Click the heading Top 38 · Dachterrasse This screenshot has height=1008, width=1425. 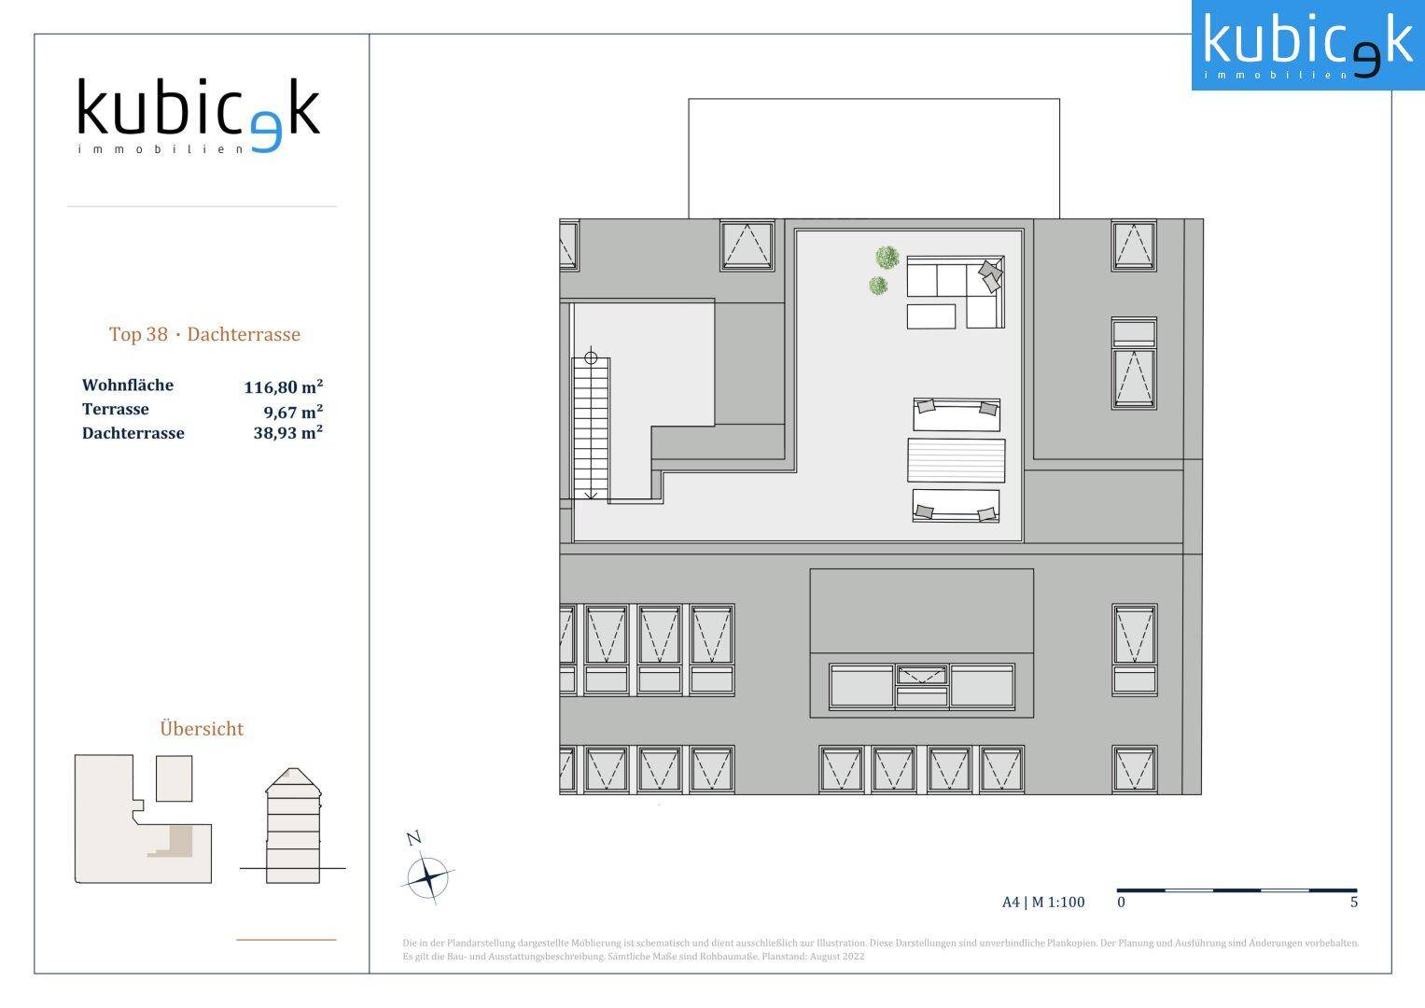coord(204,334)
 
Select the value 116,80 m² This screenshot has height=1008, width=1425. coord(283,386)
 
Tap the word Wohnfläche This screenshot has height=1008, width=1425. coord(128,385)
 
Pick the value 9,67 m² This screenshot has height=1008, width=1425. coord(293,411)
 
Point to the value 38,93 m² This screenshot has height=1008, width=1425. coord(288,433)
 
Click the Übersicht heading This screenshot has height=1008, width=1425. coord(202,729)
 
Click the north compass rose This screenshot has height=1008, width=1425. coord(428,877)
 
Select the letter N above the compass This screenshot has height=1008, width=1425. coord(414,838)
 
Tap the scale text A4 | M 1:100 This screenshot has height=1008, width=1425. coord(1043,902)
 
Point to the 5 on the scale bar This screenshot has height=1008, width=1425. coord(1354,902)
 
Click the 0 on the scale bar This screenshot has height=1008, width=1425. coord(1121,902)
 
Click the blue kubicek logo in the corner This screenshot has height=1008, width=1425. coord(1308,45)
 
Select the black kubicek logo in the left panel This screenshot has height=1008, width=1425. coord(199,115)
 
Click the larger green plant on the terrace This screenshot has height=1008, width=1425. coord(887,258)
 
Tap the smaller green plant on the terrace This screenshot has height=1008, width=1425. coord(878,285)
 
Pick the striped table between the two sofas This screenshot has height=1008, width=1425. coord(957,460)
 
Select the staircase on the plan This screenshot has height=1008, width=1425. coord(591,428)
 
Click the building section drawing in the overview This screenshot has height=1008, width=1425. coord(293,825)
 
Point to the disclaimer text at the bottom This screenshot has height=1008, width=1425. coord(880,949)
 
